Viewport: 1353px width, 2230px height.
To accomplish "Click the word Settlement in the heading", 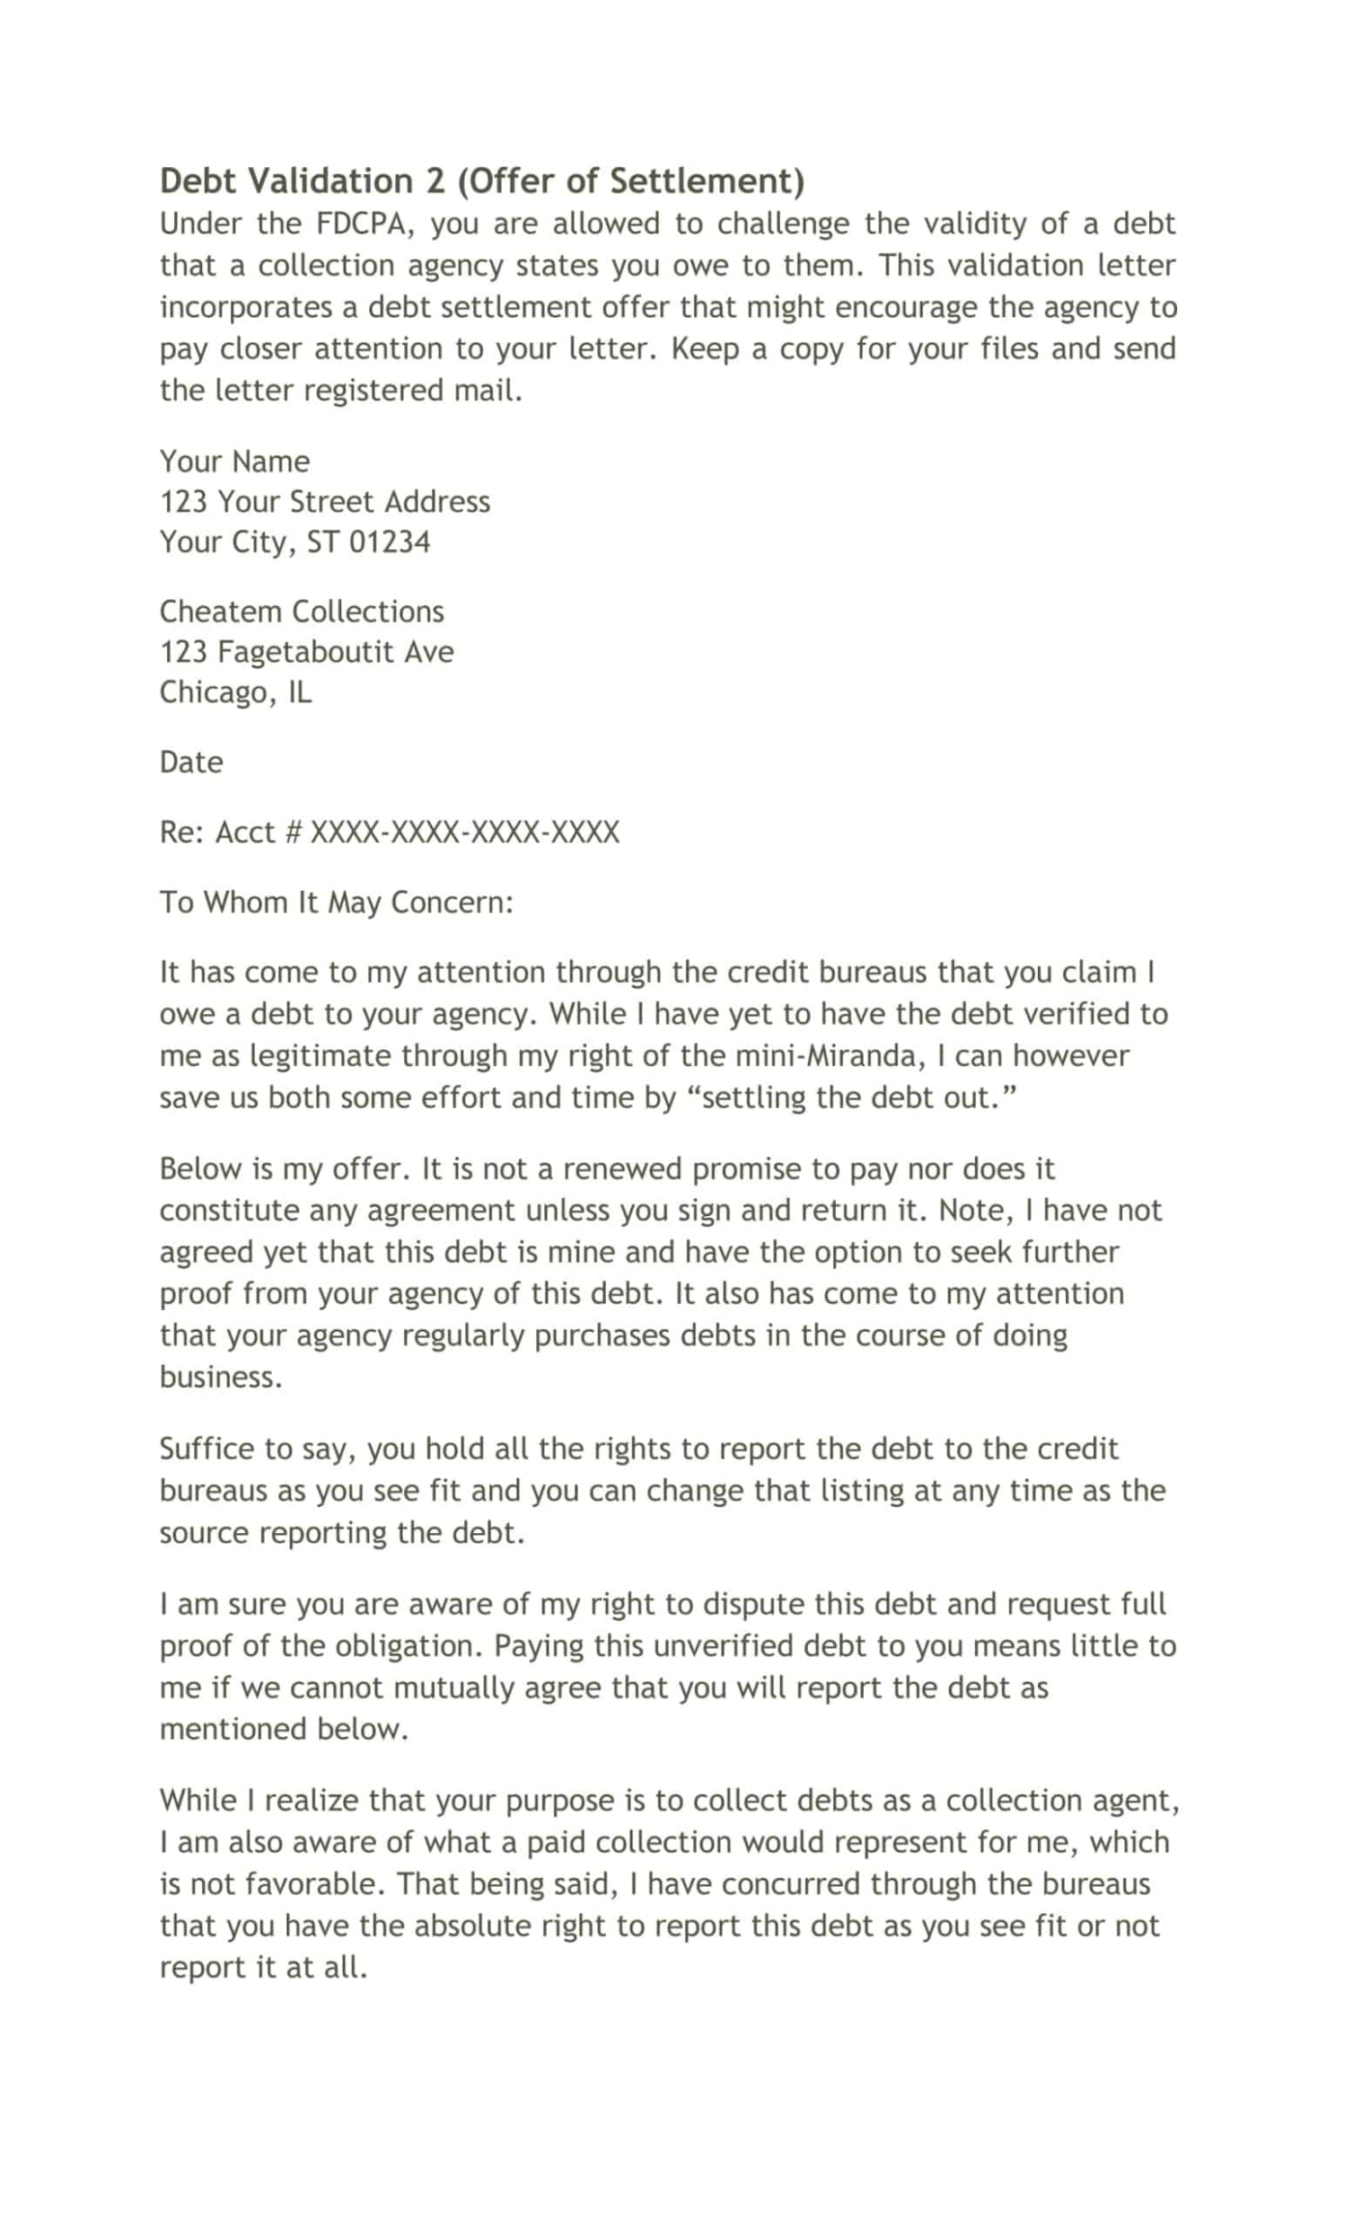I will [x=705, y=181].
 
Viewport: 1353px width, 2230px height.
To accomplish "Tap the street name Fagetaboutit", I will [x=306, y=652].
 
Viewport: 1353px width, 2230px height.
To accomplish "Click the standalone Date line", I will [x=191, y=762].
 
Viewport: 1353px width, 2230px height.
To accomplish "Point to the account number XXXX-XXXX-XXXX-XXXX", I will [x=464, y=832].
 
